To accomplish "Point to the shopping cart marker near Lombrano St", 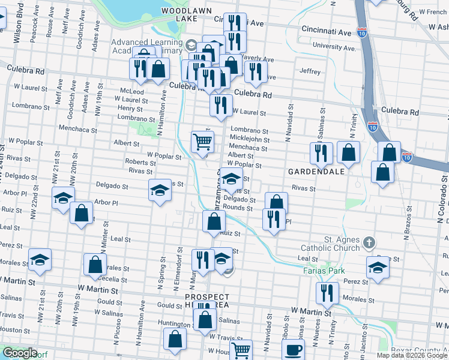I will tap(203, 142).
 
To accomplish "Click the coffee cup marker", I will tap(293, 350).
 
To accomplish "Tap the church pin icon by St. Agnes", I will tap(369, 243).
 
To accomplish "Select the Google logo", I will tap(20, 353).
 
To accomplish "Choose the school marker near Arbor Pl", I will tap(62, 199).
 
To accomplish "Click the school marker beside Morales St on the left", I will tap(40, 259).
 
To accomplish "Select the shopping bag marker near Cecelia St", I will tap(95, 264).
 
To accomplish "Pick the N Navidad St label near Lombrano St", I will tap(289, 130).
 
